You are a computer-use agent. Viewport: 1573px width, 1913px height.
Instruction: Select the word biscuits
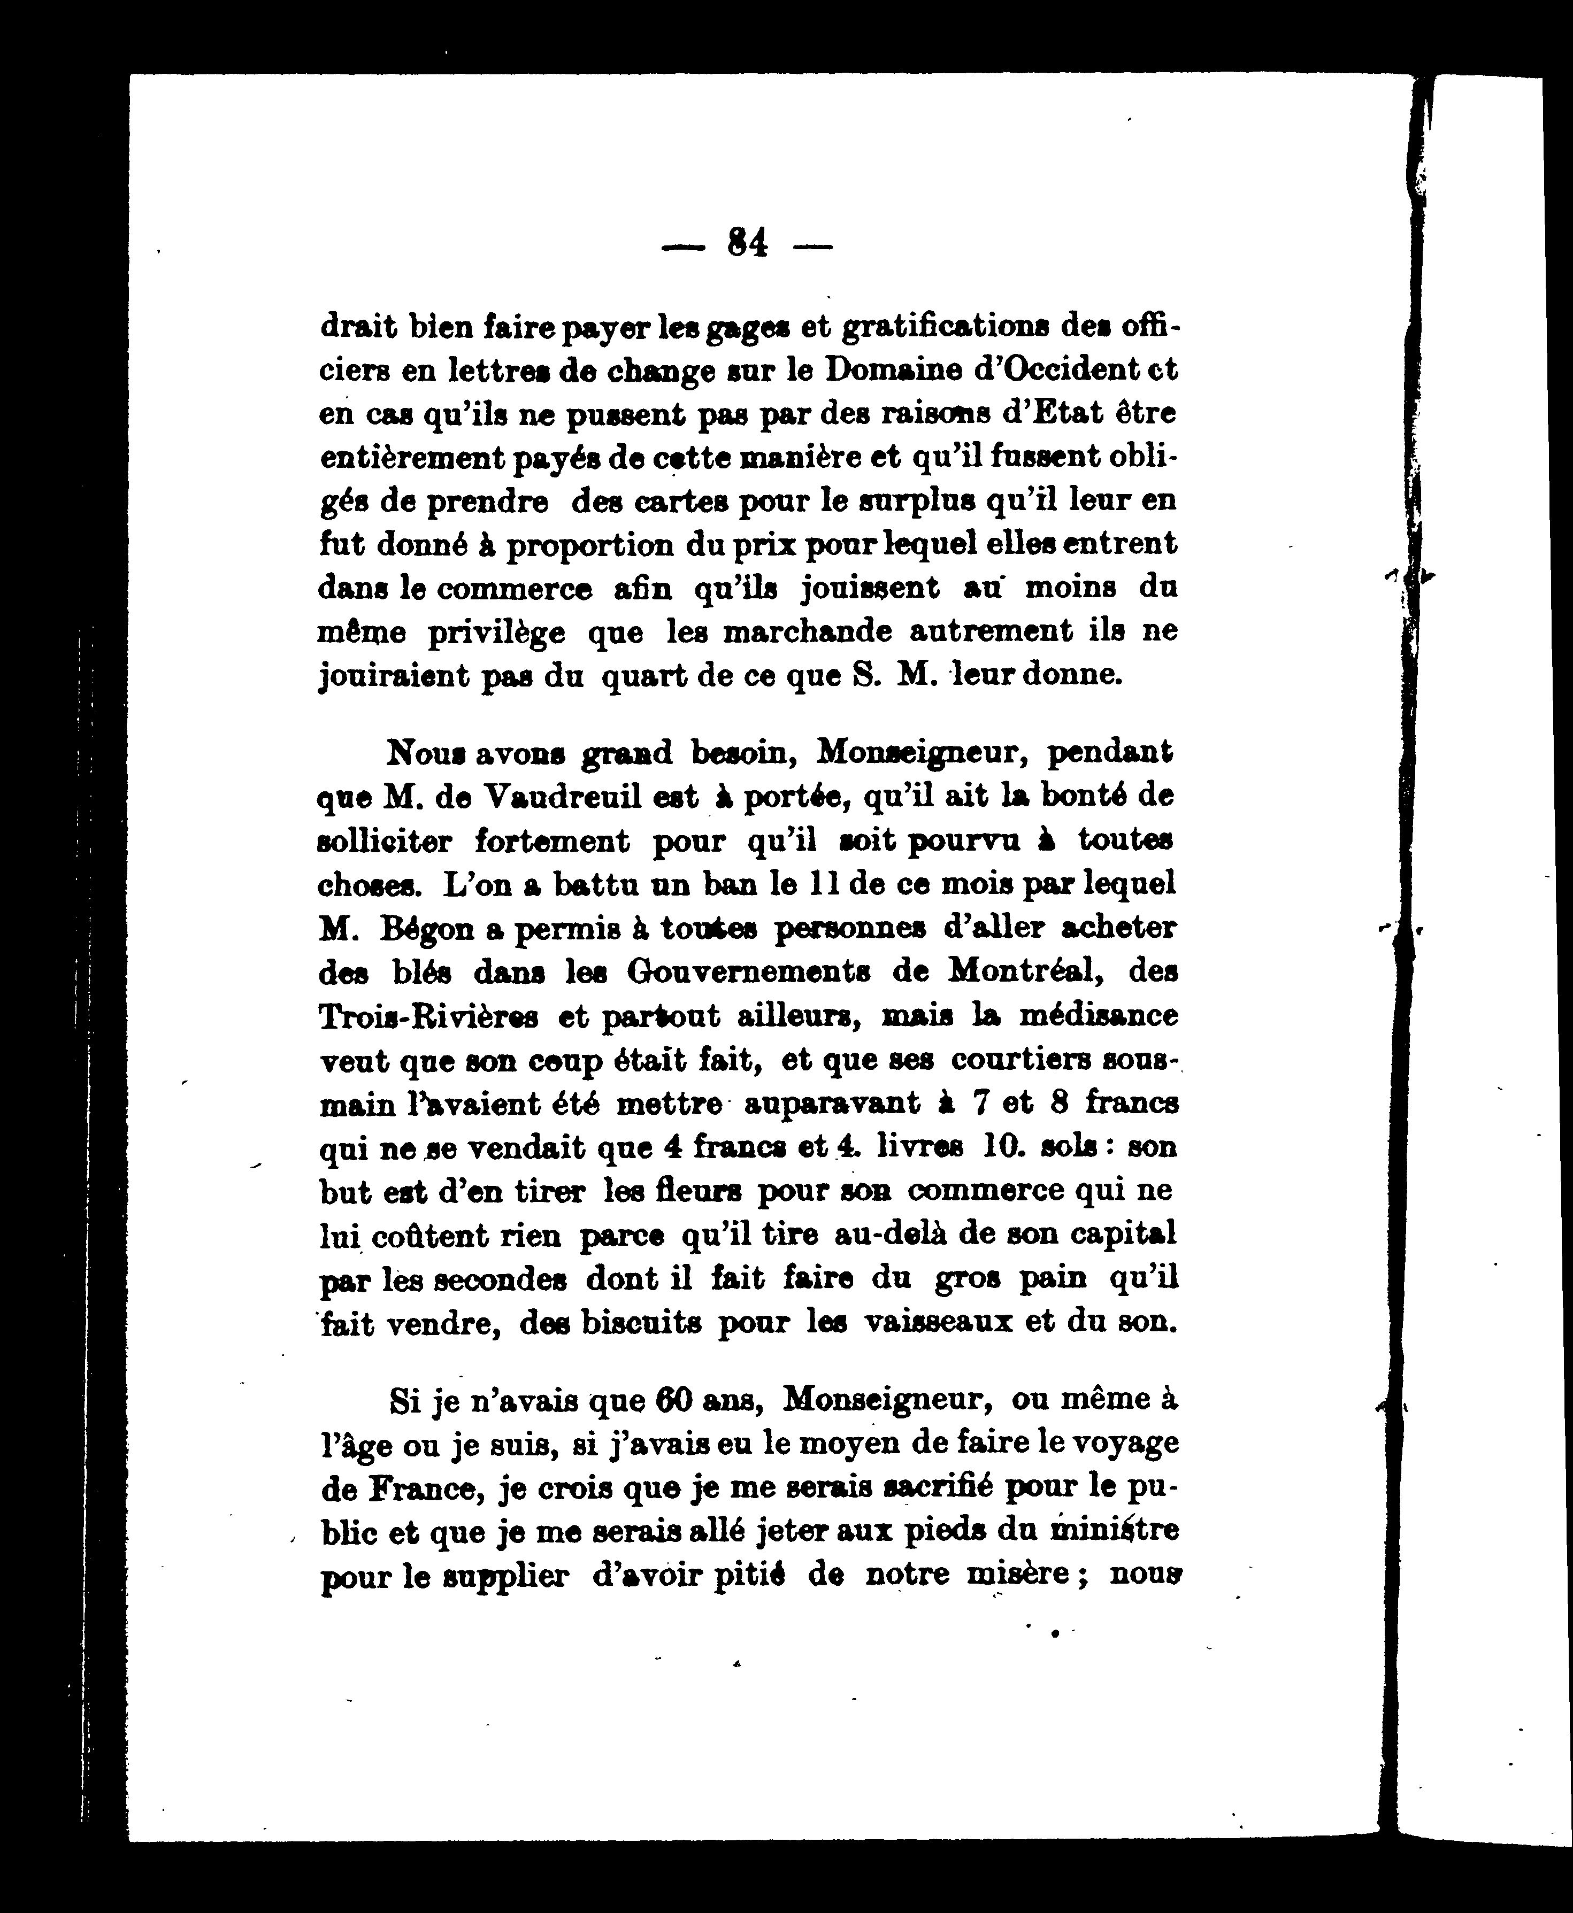(641, 1323)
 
